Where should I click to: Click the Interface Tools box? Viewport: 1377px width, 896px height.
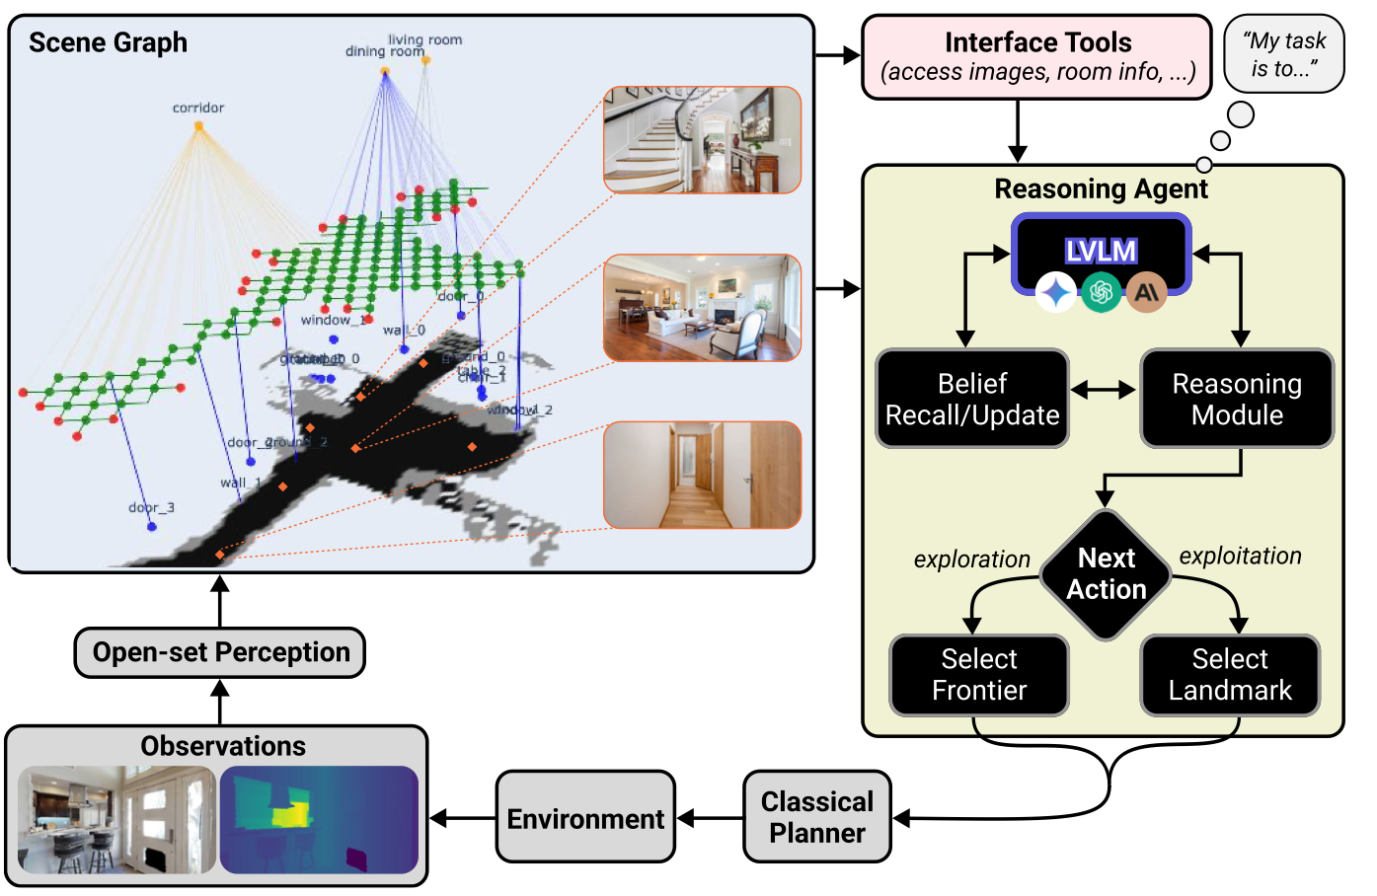point(1036,56)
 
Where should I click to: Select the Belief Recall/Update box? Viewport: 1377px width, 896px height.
point(972,399)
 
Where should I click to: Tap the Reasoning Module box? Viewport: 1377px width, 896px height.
point(1237,399)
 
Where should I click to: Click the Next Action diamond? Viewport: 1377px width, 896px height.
point(1107,574)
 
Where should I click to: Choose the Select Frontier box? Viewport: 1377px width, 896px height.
point(979,675)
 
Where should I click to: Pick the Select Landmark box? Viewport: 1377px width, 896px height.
point(1230,675)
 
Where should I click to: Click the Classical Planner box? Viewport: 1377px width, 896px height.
point(817,817)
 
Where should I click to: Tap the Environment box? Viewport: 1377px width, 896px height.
point(585,818)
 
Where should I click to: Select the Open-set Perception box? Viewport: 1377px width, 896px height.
point(220,652)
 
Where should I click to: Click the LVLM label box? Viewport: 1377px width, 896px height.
point(1102,252)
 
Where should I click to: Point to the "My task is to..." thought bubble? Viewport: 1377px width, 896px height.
point(1284,54)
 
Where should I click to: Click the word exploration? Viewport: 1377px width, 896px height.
point(971,560)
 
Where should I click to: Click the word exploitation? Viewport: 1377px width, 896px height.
point(1240,557)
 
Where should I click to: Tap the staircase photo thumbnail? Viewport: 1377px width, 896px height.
point(702,139)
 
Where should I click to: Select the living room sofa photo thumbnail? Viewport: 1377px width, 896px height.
point(702,308)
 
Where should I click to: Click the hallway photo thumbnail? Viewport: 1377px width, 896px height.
point(702,475)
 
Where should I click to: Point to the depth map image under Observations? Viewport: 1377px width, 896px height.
point(319,820)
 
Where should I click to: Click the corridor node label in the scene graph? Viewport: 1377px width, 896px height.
point(198,108)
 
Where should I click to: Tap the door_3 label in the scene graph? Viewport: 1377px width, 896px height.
point(151,507)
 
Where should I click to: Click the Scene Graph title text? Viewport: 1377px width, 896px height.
point(108,42)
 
